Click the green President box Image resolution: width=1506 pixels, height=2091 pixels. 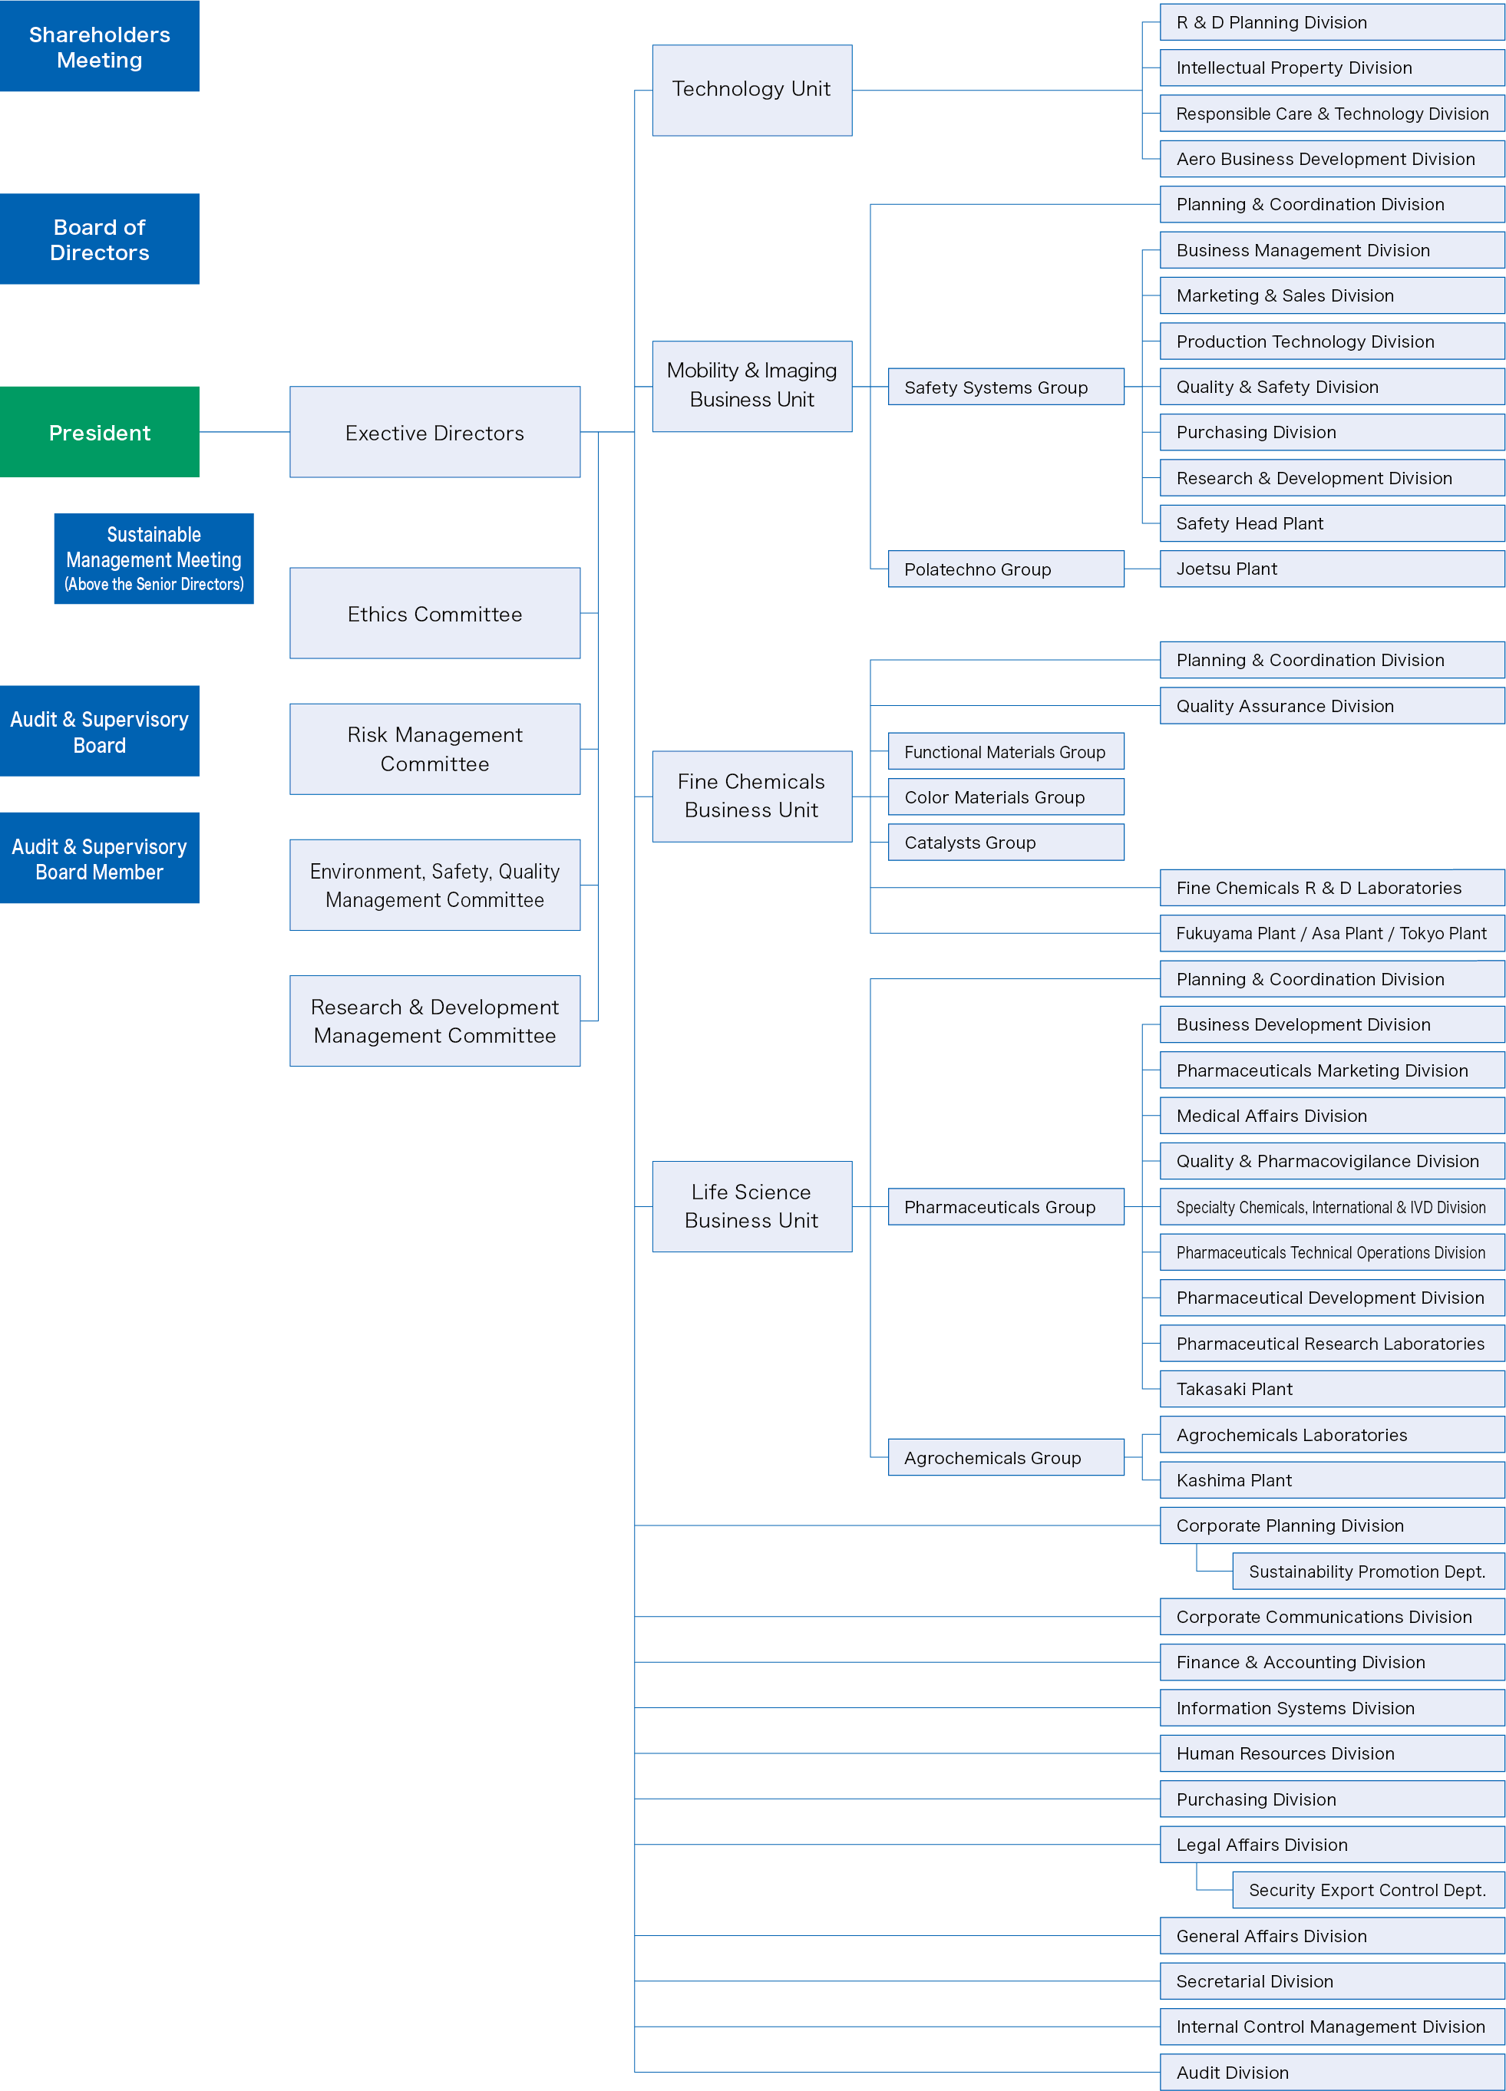[100, 431]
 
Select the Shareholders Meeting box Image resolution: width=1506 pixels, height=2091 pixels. [100, 46]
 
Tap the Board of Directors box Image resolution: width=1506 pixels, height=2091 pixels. [100, 239]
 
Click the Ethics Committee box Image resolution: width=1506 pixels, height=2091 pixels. [434, 613]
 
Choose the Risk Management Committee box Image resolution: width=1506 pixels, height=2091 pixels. [434, 749]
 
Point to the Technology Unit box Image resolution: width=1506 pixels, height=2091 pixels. [751, 91]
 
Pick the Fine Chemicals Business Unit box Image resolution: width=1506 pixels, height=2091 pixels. [751, 796]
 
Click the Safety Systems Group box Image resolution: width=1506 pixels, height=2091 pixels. [1006, 386]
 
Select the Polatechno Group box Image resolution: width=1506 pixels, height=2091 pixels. [1006, 568]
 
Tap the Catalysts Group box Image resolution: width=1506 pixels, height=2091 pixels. [1006, 842]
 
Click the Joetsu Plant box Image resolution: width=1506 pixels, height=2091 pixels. [1332, 568]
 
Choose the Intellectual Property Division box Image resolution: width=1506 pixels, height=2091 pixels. [1332, 68]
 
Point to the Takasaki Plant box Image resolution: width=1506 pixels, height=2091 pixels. [1332, 1388]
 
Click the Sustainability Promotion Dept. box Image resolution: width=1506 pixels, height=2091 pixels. [1368, 1571]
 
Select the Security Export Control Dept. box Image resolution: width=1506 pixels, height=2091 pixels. [1368, 1889]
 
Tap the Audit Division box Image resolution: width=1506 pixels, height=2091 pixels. [1332, 2072]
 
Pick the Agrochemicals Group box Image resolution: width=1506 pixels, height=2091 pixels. [1006, 1456]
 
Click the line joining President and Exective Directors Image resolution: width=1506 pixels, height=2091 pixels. [244, 431]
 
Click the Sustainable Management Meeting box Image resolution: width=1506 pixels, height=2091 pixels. [154, 559]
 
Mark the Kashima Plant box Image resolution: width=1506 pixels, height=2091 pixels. [1332, 1479]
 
